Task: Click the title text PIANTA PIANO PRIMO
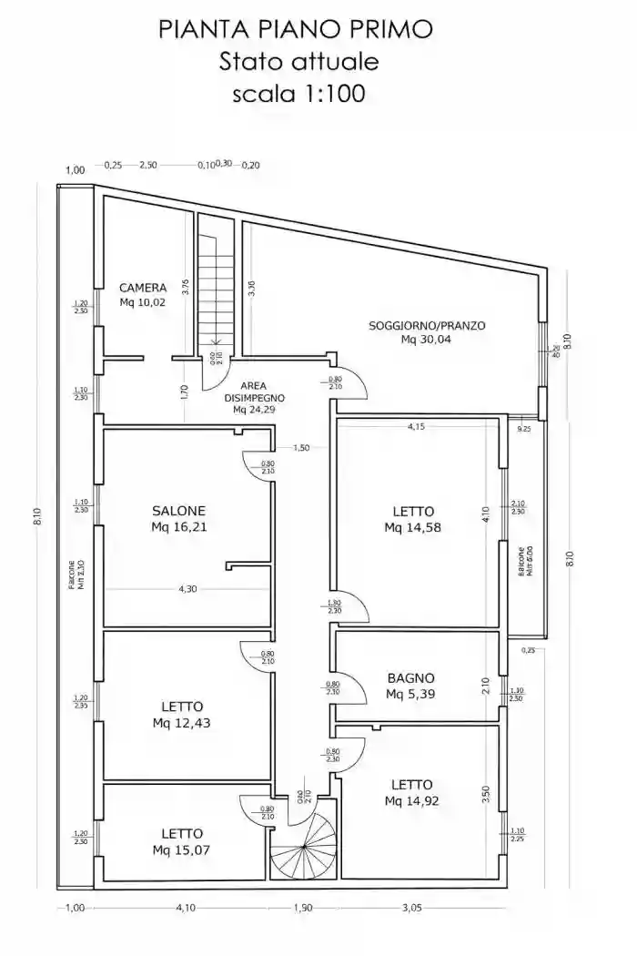pyautogui.click(x=296, y=29)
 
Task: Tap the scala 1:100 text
pyautogui.click(x=298, y=93)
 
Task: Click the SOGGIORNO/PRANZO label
pyautogui.click(x=427, y=325)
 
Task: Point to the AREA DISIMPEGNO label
pyautogui.click(x=255, y=392)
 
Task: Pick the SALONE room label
pyautogui.click(x=178, y=511)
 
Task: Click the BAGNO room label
pyautogui.click(x=410, y=678)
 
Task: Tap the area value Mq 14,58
pyautogui.click(x=412, y=526)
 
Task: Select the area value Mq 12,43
pyautogui.click(x=182, y=723)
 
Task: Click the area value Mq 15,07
pyautogui.click(x=182, y=849)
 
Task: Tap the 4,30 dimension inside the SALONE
pyautogui.click(x=187, y=589)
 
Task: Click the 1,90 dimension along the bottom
pyautogui.click(x=303, y=907)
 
